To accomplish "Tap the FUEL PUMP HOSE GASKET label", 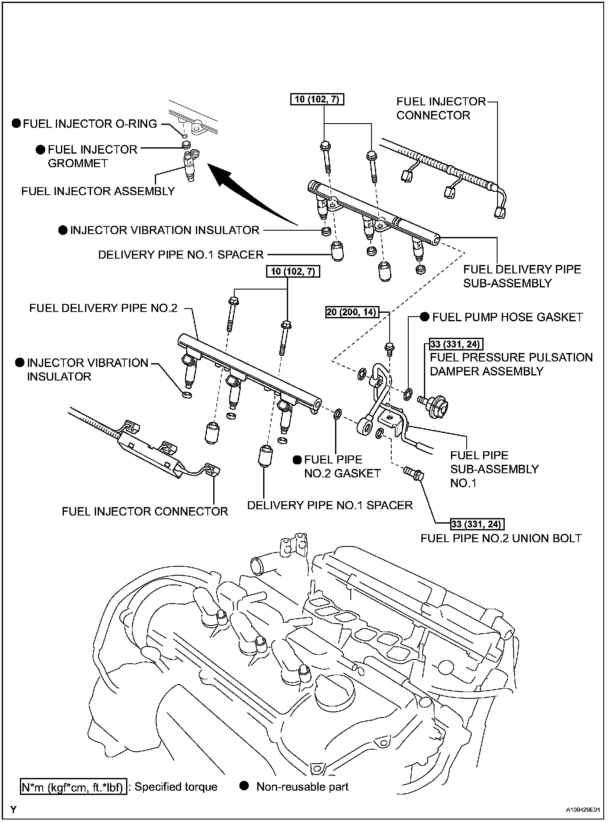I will point(507,317).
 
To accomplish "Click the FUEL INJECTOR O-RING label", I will point(90,124).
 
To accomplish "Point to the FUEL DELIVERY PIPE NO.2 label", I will point(103,308).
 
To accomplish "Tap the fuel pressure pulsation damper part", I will point(435,404).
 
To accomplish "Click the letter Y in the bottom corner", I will point(14,810).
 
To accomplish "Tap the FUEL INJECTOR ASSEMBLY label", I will point(98,191).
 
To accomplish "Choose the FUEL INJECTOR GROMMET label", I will point(92,156).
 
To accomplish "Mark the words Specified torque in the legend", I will point(176,787).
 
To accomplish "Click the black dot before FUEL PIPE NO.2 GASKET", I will point(297,460).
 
